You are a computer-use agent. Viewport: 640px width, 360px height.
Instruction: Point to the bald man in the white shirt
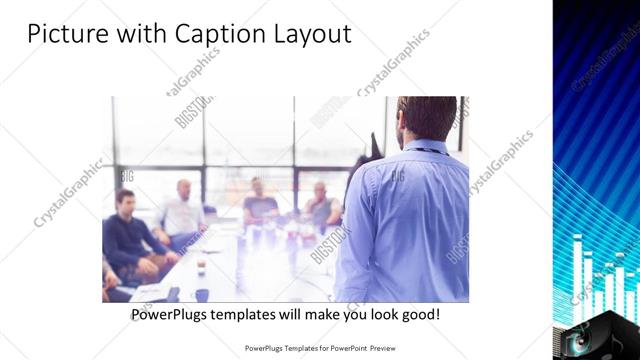(x=182, y=210)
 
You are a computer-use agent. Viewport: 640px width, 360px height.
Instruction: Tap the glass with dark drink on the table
(x=201, y=265)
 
